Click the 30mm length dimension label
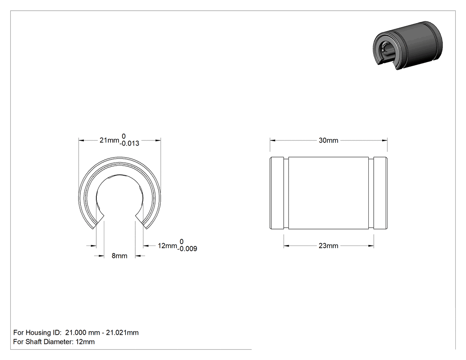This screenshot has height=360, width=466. [x=328, y=140]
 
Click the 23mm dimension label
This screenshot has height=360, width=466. [x=328, y=246]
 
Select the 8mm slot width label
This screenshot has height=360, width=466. [x=119, y=256]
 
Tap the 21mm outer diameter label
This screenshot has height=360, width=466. [x=109, y=140]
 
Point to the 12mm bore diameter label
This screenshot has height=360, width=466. [x=167, y=246]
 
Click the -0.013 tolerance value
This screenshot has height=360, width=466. [x=130, y=143]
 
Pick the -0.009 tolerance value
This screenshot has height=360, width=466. [x=187, y=249]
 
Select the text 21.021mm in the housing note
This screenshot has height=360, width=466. [x=122, y=332]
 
